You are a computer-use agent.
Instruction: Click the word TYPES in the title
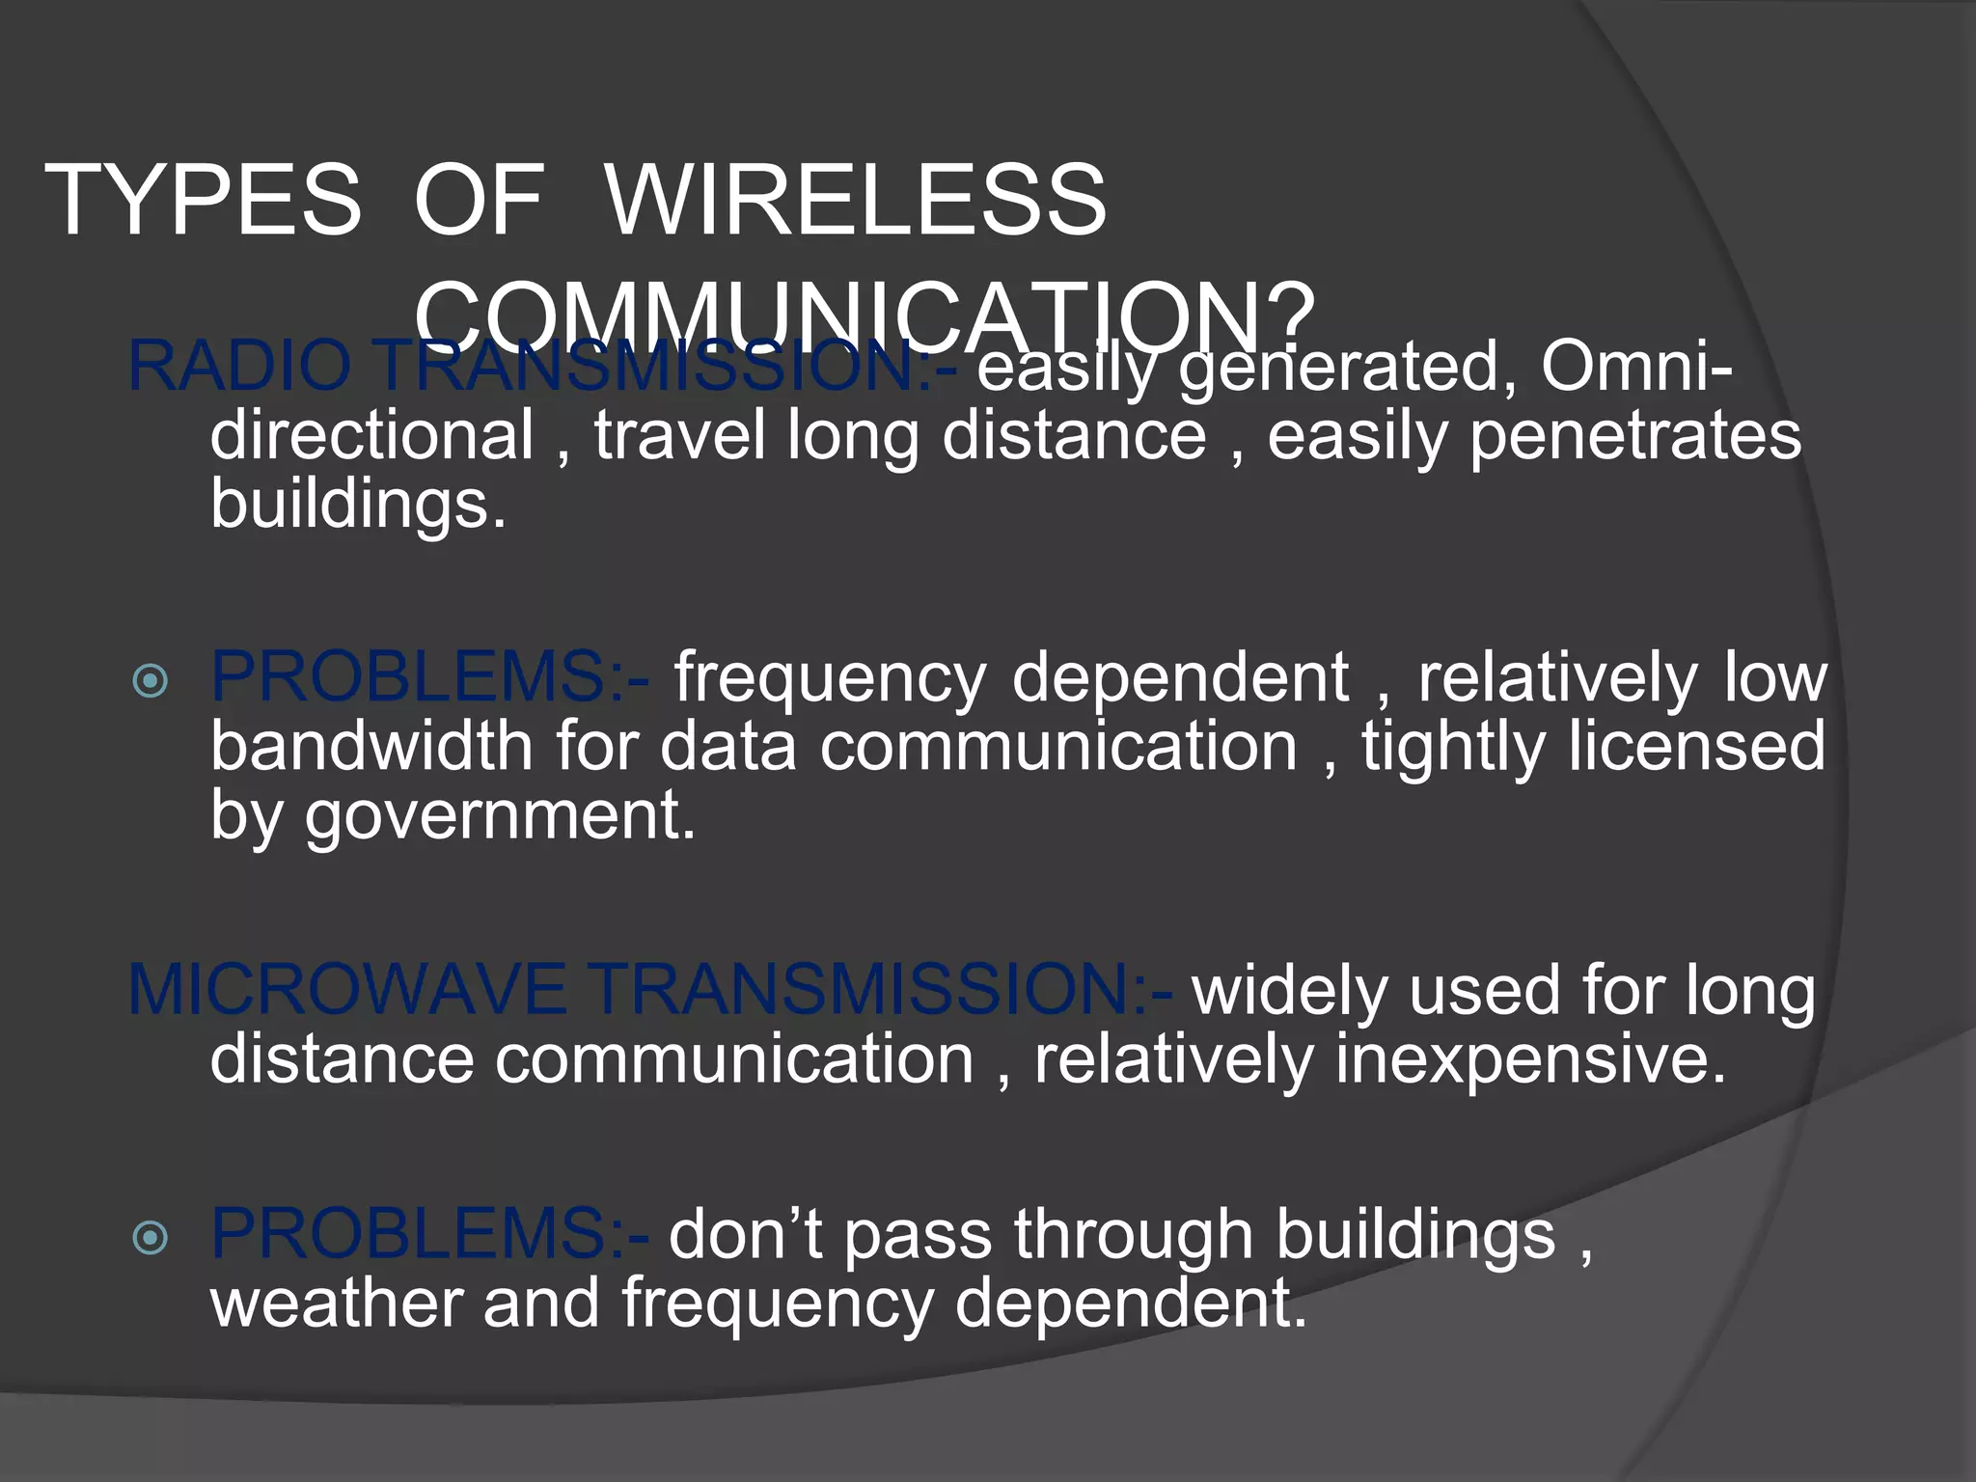click(x=203, y=200)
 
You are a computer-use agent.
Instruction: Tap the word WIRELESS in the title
click(x=856, y=200)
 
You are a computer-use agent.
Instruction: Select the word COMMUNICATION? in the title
click(x=865, y=314)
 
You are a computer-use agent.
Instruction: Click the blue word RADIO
click(x=239, y=367)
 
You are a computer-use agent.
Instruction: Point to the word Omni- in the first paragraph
click(x=1636, y=367)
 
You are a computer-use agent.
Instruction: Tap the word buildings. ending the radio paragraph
click(x=358, y=504)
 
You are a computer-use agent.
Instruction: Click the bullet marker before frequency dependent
click(x=151, y=681)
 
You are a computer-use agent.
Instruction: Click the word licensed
click(x=1697, y=748)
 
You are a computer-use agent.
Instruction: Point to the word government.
click(x=500, y=817)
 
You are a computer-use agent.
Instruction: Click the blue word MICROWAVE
click(x=347, y=990)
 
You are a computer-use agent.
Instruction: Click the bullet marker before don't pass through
click(x=151, y=1238)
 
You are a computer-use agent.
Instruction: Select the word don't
click(x=745, y=1235)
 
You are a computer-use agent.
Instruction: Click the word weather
click(x=335, y=1303)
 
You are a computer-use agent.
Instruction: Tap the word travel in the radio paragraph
click(x=679, y=436)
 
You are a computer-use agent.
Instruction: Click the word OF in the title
click(x=480, y=200)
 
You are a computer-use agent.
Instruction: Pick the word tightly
click(x=1453, y=748)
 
